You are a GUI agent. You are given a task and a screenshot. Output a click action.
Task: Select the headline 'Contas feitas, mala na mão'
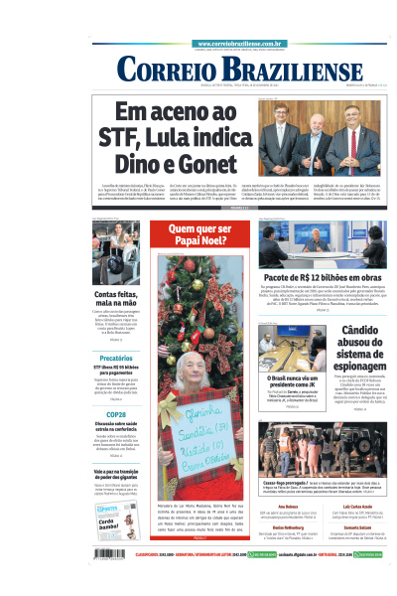pyautogui.click(x=115, y=300)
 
